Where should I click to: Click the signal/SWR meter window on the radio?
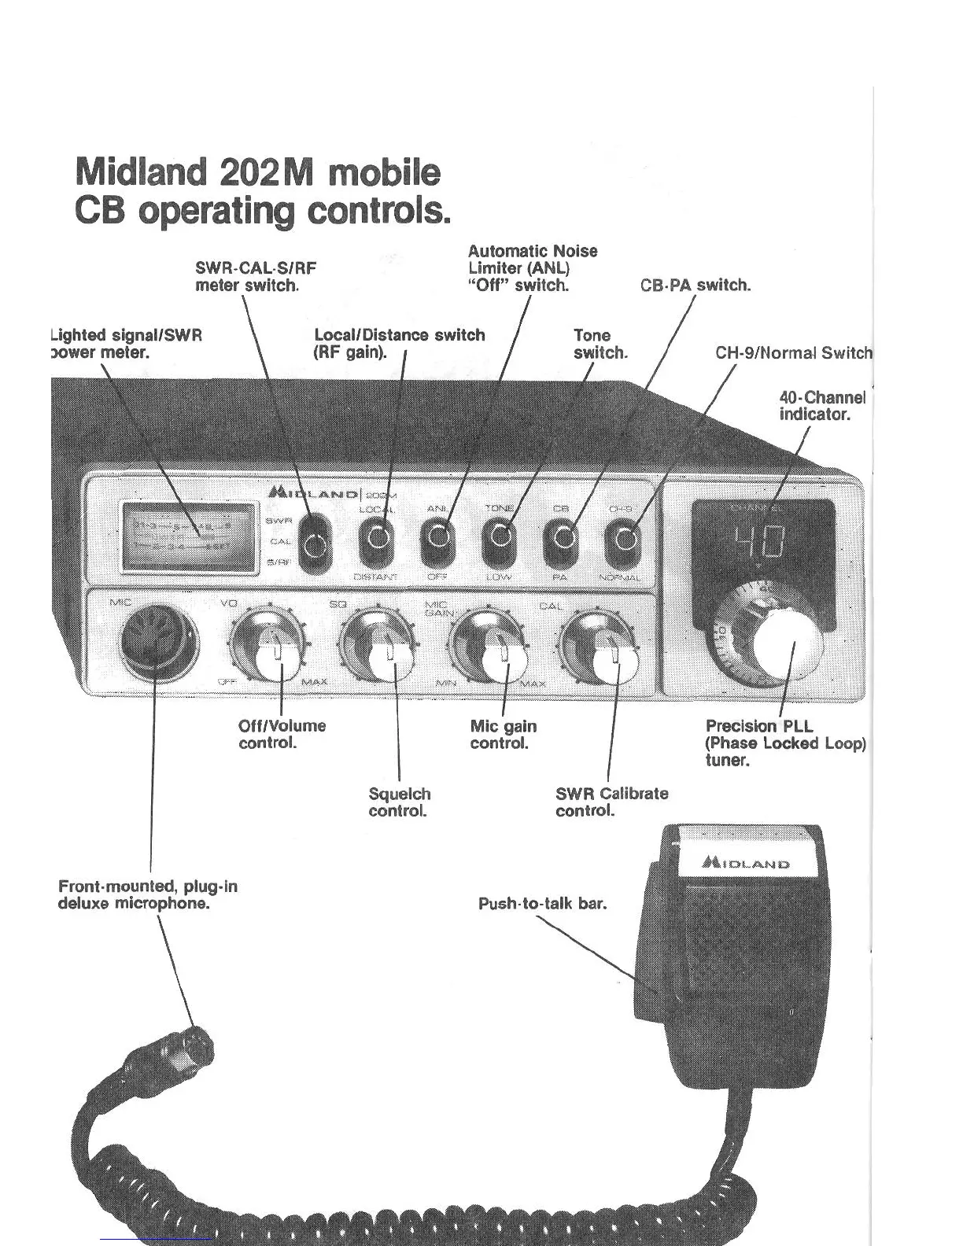[189, 536]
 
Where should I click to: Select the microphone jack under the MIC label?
[159, 640]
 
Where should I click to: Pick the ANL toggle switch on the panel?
[439, 539]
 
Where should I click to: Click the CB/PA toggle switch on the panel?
[561, 539]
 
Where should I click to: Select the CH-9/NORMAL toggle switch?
[623, 540]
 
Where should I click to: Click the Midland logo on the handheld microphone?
[746, 863]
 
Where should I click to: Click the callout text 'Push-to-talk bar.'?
[543, 904]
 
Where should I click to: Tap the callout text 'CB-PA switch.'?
[695, 286]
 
